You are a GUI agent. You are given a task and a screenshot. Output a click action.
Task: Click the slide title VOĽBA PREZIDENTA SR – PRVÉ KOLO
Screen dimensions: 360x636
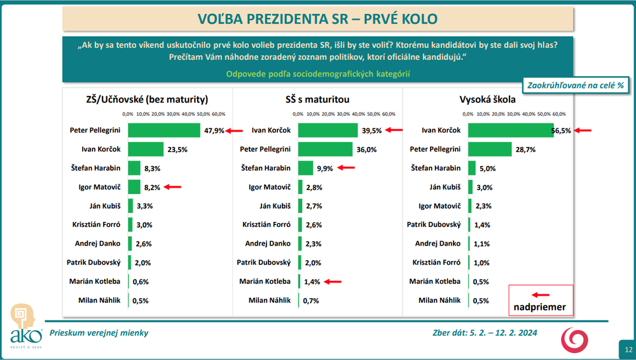[x=317, y=18]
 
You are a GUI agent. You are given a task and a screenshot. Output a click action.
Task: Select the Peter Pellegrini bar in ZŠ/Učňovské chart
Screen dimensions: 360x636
[x=164, y=130]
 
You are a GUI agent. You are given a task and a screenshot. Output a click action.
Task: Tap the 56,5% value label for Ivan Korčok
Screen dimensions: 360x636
[x=560, y=130]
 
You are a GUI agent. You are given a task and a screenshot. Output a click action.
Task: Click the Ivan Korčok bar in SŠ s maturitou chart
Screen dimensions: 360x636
[x=328, y=130]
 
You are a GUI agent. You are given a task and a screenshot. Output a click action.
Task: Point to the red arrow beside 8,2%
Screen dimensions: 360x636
[x=172, y=187]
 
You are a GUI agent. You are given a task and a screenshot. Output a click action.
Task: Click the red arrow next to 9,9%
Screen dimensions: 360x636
[x=346, y=168]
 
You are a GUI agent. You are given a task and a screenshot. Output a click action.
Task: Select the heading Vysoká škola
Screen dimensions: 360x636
[x=488, y=99]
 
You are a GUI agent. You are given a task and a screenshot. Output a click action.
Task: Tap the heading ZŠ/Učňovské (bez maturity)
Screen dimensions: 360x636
[x=147, y=99]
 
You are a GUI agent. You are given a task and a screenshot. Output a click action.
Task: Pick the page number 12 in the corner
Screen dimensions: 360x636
[x=628, y=350]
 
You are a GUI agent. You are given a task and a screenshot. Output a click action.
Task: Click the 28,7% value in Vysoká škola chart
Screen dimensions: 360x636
[x=525, y=149]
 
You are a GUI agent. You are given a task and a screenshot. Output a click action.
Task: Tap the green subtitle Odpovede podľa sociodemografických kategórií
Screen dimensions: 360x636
[x=318, y=74]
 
